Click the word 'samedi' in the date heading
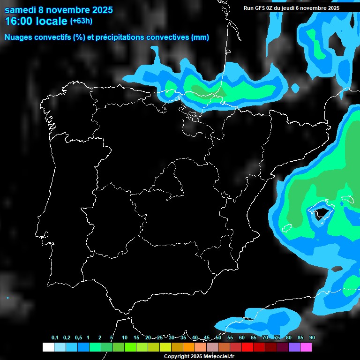(20, 10)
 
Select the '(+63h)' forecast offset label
(81, 21)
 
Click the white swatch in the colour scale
(48, 347)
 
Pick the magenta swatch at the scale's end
(306, 347)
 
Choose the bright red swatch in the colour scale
(247, 347)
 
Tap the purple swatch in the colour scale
(294, 347)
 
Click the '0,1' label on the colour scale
(55, 338)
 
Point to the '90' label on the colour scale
(312, 338)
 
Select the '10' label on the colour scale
(125, 338)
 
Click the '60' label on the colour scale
(242, 338)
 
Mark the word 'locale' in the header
(52, 22)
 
